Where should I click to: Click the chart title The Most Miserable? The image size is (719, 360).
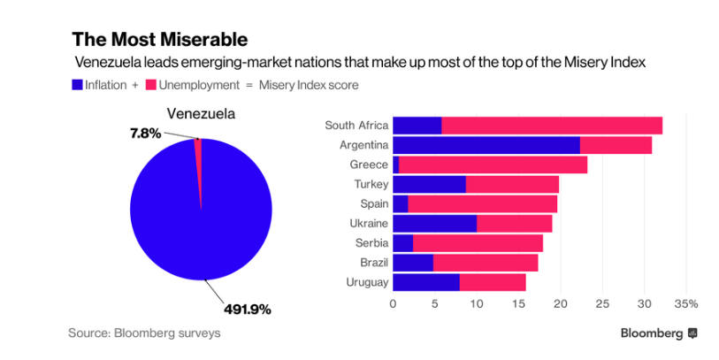(160, 40)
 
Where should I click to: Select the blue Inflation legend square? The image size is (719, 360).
(77, 85)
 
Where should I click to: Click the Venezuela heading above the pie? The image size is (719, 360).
(202, 114)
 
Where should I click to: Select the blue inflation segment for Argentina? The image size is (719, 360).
(486, 145)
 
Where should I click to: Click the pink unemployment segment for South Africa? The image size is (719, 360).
(551, 125)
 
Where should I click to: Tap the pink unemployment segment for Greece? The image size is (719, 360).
(493, 165)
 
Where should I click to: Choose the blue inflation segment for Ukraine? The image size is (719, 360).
(434, 223)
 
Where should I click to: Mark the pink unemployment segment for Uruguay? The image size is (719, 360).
(492, 282)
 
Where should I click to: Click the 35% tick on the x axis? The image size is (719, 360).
(685, 303)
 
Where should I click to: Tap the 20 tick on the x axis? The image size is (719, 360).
(560, 303)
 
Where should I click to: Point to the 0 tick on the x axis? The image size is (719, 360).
(393, 303)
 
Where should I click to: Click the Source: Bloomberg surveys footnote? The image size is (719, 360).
(144, 333)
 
